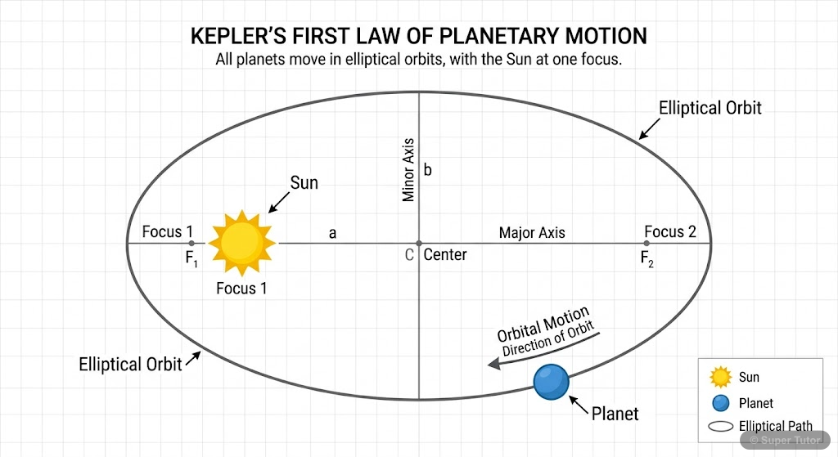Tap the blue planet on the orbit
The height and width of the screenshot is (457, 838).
551,382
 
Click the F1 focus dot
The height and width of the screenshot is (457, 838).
191,243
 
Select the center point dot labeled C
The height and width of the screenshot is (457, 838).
418,243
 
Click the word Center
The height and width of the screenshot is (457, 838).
445,255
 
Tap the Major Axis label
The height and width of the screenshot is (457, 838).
532,233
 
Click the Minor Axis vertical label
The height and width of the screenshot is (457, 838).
409,170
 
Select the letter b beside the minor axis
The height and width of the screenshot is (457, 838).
427,171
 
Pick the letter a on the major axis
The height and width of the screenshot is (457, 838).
332,233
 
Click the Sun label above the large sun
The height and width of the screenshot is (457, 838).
304,183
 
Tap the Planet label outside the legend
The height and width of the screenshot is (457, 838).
615,414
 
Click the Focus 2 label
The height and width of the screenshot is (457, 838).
670,232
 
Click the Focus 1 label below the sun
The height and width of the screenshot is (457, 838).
241,288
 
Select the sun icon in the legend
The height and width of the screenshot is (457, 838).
720,377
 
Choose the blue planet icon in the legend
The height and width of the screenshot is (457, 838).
720,402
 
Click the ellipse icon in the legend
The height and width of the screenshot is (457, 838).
720,426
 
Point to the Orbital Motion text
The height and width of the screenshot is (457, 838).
543,324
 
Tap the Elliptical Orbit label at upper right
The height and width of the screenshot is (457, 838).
710,108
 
